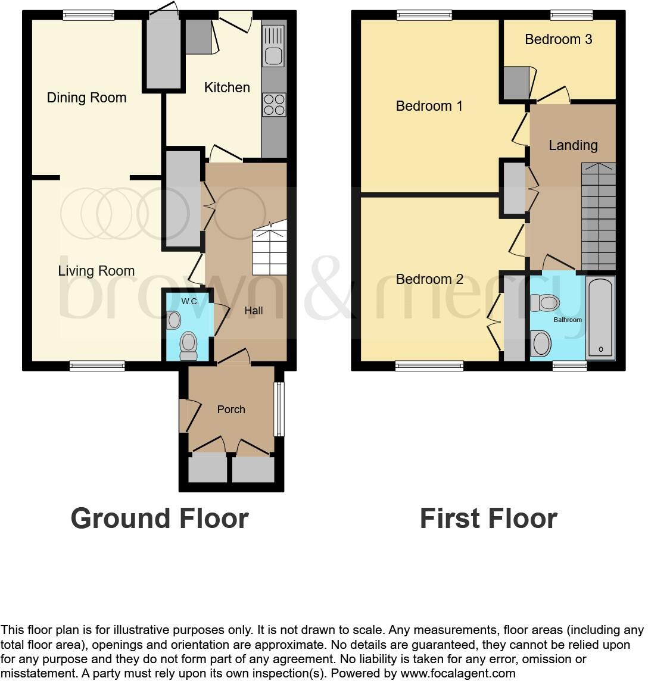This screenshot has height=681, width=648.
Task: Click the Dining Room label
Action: (x=86, y=98)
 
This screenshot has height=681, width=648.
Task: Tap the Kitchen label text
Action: (x=227, y=88)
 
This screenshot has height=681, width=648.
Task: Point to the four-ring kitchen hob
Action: (x=274, y=105)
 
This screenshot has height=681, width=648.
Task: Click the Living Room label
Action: (x=96, y=271)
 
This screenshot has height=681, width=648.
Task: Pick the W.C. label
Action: (x=191, y=301)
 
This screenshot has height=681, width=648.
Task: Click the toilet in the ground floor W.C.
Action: (x=189, y=345)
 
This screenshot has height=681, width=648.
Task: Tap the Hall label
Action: (x=254, y=311)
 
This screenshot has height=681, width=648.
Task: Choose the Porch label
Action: (x=231, y=410)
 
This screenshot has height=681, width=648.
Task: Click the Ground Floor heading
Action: (x=160, y=518)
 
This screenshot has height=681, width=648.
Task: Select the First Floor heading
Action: (x=488, y=518)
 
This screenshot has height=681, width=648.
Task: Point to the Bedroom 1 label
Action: (x=429, y=106)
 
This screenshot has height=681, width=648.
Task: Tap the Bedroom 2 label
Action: (x=429, y=279)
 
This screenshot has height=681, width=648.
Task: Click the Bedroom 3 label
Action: (x=558, y=39)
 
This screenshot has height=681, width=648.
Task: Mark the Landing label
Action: (x=573, y=145)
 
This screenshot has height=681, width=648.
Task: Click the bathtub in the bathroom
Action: (x=600, y=318)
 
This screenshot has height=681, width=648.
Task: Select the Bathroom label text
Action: (x=568, y=320)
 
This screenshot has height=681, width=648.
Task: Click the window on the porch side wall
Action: (x=279, y=409)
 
